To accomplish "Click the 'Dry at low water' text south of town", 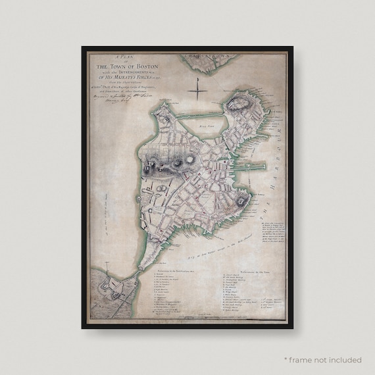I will click(211, 247).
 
